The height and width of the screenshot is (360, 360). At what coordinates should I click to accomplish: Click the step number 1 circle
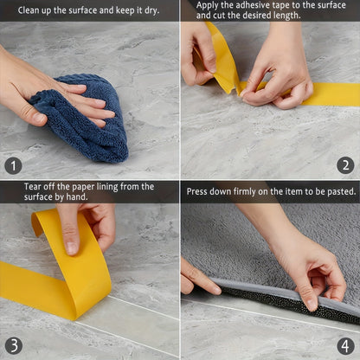coord(13,165)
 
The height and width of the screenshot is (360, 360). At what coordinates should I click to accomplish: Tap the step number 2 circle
coord(345,165)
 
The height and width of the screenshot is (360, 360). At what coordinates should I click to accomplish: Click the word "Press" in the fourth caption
coord(199,190)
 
